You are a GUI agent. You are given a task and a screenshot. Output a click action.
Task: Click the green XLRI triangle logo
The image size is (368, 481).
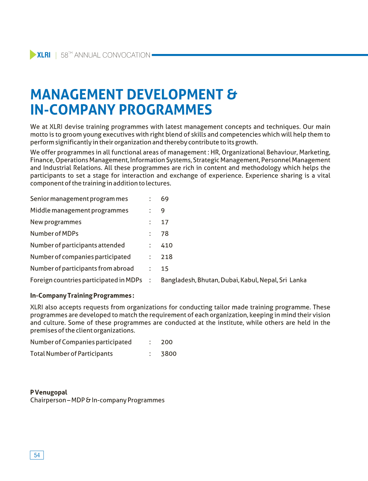tap(33, 55)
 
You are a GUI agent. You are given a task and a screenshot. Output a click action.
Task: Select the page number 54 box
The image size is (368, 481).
tap(37, 455)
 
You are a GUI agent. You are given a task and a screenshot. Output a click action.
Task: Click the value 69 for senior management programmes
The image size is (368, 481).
tap(165, 199)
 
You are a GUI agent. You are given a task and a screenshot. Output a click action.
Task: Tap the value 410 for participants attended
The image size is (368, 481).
tap(167, 245)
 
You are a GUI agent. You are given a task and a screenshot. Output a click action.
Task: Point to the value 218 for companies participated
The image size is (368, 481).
tap(167, 257)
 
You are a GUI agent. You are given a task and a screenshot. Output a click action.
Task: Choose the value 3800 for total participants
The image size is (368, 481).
tap(169, 354)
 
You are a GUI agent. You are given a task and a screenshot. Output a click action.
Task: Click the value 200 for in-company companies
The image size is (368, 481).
tap(167, 342)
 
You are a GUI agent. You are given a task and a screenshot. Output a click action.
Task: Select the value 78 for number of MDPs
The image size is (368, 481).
tap(165, 234)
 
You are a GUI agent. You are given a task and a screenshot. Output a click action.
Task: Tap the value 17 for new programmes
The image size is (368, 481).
tap(165, 222)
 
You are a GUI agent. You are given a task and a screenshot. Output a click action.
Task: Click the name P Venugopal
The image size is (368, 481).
tap(49, 392)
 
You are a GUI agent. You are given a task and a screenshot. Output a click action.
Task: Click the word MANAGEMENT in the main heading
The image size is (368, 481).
tap(75, 94)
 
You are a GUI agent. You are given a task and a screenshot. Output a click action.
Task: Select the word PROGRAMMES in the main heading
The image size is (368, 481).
tap(165, 110)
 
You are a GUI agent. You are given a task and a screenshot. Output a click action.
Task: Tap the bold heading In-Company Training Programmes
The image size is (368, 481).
tap(82, 296)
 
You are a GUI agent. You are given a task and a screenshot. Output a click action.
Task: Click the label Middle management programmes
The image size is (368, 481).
tap(79, 211)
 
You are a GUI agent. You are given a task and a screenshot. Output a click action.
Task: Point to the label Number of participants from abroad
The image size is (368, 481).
tap(82, 269)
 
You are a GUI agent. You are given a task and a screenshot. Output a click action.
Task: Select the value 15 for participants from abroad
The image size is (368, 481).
tap(165, 269)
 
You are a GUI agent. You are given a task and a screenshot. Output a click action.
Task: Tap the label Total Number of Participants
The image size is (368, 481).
tap(71, 354)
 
